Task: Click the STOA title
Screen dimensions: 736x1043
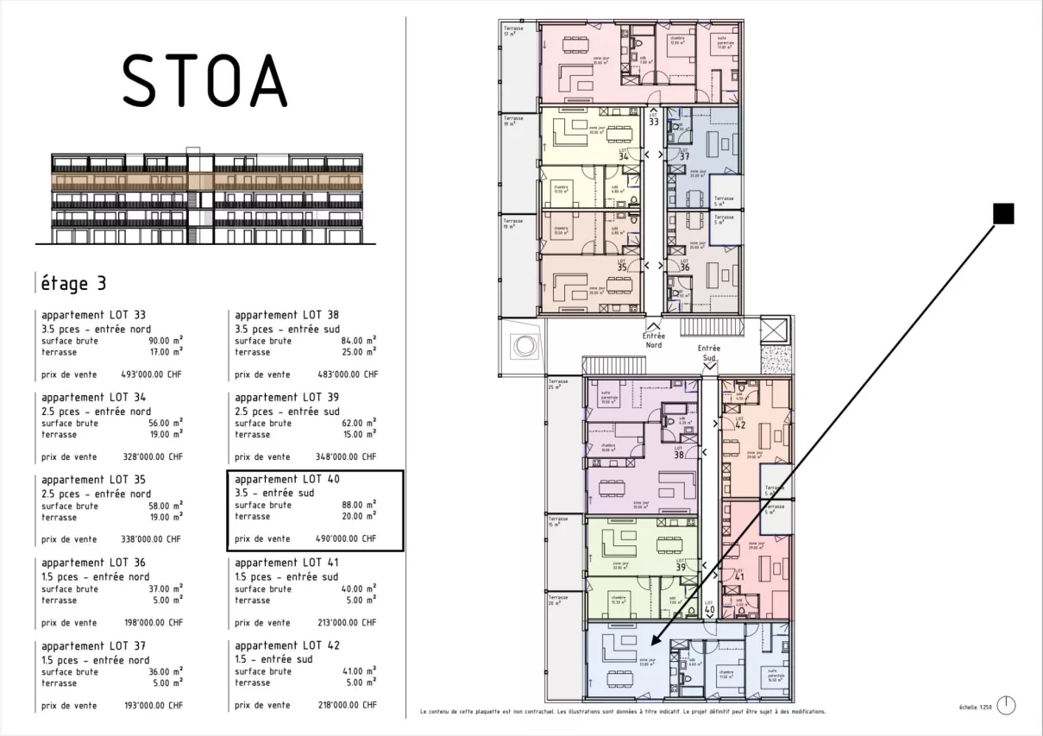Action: click(x=204, y=80)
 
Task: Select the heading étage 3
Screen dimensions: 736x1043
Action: click(x=74, y=283)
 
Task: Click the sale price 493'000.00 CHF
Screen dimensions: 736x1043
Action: click(x=152, y=374)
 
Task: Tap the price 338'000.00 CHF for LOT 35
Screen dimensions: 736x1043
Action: click(x=152, y=539)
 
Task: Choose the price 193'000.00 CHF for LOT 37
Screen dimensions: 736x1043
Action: click(x=152, y=705)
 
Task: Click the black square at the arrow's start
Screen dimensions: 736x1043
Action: click(x=1003, y=213)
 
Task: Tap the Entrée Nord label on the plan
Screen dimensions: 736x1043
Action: click(x=653, y=340)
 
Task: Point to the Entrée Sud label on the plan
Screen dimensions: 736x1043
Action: click(x=708, y=352)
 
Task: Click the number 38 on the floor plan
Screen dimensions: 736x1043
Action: click(x=679, y=455)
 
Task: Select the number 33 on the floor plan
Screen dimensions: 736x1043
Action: click(x=654, y=123)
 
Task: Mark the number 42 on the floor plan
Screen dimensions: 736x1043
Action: click(x=739, y=425)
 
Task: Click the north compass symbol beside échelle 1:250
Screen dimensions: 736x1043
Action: click(x=1008, y=705)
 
